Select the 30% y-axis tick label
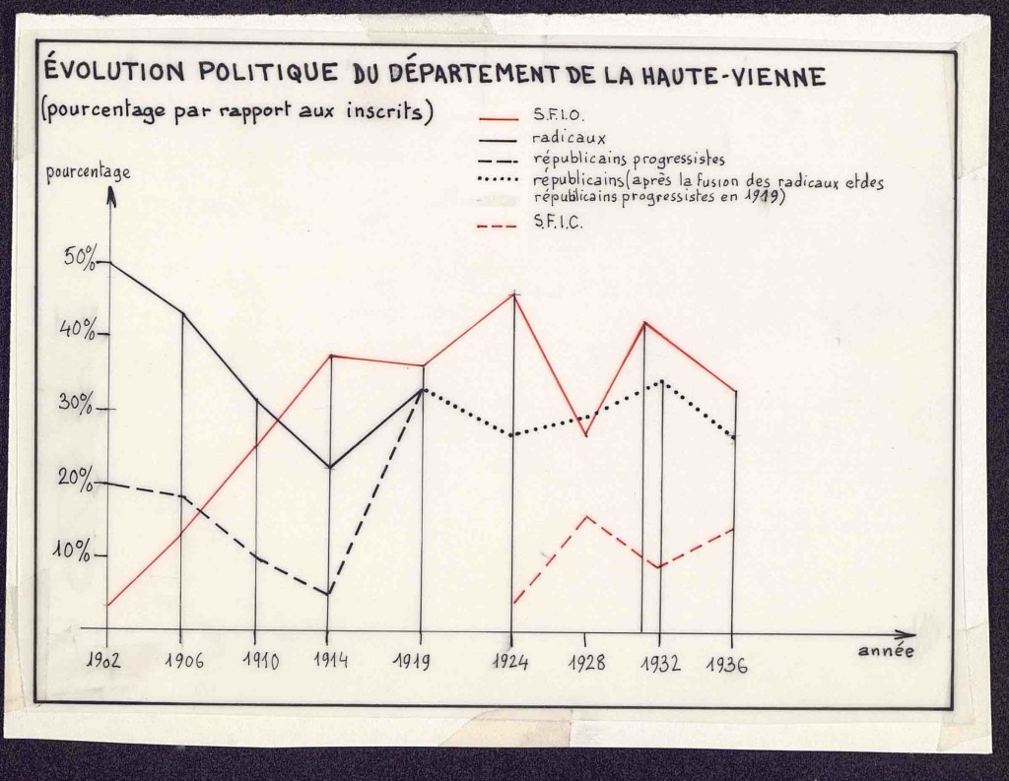coord(80,405)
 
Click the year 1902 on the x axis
coord(102,660)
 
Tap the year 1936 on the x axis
coord(727,664)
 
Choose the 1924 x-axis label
coord(510,662)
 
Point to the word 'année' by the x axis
coord(885,651)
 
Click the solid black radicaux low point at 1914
coord(329,467)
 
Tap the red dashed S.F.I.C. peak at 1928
coord(585,516)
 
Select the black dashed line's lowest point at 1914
coord(329,594)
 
